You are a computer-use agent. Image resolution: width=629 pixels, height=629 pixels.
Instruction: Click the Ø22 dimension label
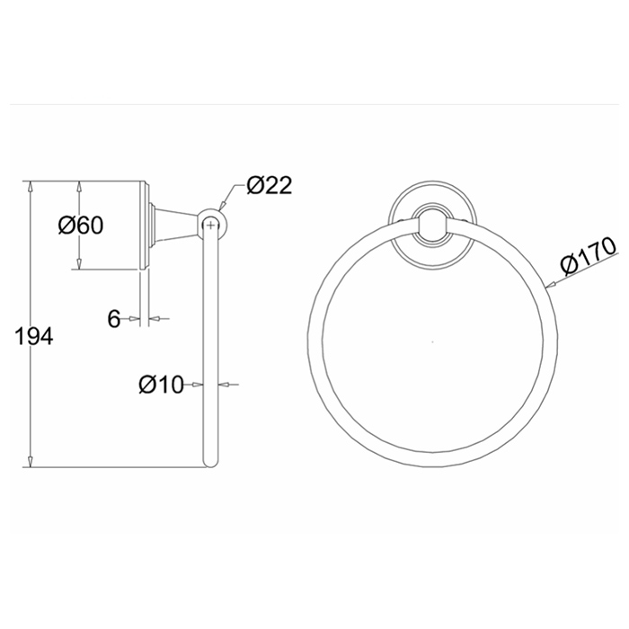point(270,186)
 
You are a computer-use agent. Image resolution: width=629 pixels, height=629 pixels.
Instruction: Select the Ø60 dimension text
point(81,225)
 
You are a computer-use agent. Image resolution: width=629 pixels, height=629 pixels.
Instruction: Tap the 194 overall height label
point(34,336)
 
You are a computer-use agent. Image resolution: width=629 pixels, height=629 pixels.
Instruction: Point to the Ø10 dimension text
point(161,385)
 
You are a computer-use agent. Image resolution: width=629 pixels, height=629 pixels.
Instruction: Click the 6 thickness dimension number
point(114,319)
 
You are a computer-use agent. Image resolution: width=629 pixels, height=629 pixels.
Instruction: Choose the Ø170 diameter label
point(588,256)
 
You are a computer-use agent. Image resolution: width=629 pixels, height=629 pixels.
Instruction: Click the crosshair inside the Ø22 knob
point(210,226)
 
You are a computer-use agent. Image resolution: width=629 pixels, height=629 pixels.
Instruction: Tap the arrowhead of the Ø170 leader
point(551,285)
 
